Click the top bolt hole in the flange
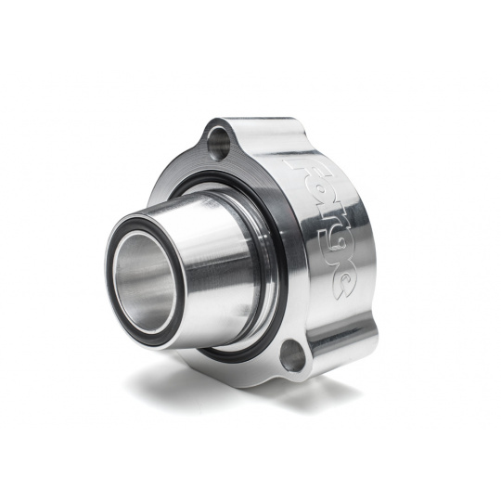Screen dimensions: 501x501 click(220, 140)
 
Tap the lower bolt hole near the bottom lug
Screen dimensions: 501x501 click(292, 352)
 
